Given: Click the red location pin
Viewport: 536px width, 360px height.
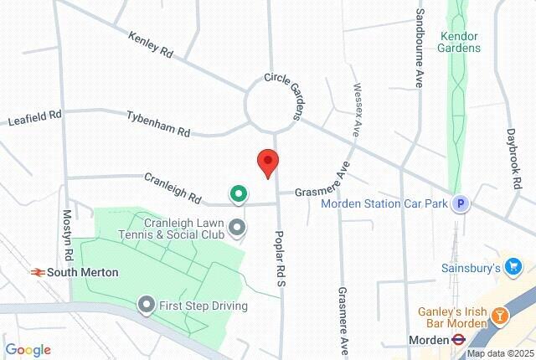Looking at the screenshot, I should [x=267, y=162].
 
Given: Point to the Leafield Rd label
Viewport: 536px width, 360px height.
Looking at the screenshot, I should [x=35, y=118].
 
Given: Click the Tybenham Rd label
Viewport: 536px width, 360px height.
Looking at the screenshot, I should [x=158, y=124].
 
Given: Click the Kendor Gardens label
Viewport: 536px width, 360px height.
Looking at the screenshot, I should [x=460, y=42].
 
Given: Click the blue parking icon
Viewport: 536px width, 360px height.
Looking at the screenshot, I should [x=459, y=203].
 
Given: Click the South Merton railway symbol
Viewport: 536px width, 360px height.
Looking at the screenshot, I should [x=37, y=272].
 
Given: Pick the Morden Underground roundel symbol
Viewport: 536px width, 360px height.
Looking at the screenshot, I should [x=459, y=339].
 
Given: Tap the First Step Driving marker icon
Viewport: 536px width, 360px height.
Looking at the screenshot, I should [x=147, y=306].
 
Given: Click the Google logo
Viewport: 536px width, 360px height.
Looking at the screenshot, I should [x=28, y=350].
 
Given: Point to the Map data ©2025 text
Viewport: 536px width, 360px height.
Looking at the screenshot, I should [x=499, y=353].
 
